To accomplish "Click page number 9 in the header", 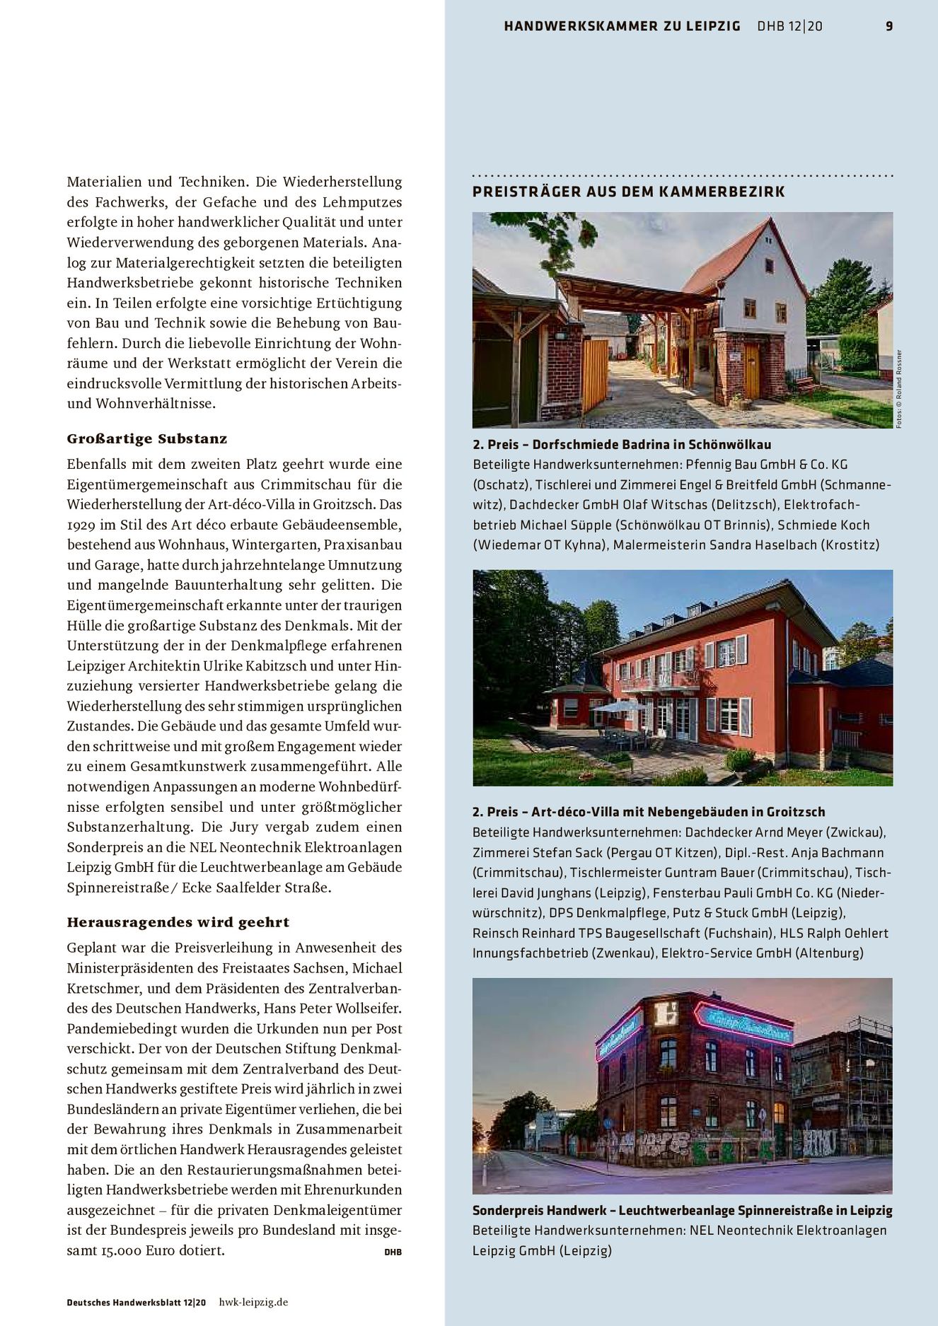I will (889, 26).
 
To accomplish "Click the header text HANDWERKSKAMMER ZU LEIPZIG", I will (622, 26).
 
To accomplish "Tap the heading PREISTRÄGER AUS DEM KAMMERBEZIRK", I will (628, 192).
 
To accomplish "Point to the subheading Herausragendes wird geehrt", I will (178, 922).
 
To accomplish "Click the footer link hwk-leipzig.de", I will (253, 1302).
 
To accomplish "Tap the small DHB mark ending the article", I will (393, 1252).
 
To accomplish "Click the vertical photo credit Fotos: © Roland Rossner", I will (899, 389).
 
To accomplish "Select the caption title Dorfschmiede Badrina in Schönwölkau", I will (651, 444).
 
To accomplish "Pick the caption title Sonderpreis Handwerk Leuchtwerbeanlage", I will (682, 1210).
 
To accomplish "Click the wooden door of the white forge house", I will (751, 371).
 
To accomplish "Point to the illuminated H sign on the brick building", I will (666, 1014).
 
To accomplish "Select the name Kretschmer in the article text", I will (101, 988).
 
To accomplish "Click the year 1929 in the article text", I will (82, 525).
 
